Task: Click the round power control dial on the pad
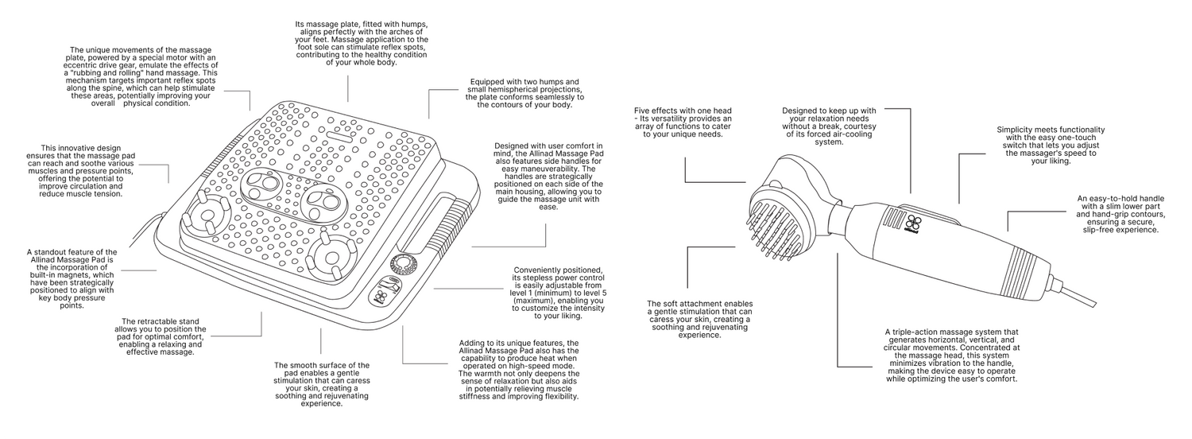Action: pyautogui.click(x=404, y=264)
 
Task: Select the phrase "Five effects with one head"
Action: pyautogui.click(x=688, y=110)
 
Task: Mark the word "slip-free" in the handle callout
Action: pyautogui.click(x=1101, y=230)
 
